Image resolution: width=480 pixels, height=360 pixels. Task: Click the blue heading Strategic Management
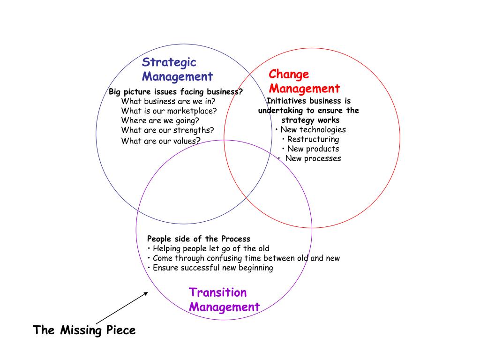[x=177, y=69]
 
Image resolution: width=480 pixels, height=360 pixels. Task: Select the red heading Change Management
[x=304, y=82]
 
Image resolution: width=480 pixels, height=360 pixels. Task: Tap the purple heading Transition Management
[x=224, y=300]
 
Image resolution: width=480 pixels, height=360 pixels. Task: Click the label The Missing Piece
[x=84, y=330]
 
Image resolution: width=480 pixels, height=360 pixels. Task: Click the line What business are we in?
[x=168, y=101]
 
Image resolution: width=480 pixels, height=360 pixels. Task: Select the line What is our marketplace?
[x=169, y=111]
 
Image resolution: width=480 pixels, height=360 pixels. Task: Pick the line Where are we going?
[x=160, y=120]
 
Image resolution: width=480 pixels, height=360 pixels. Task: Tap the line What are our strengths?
[x=167, y=130]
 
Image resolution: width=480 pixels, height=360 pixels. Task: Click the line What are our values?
[x=161, y=141]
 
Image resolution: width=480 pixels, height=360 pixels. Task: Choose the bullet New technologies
[x=311, y=130]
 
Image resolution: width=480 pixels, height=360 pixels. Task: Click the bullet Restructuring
[x=311, y=139]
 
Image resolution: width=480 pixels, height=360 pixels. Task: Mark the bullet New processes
[x=309, y=158]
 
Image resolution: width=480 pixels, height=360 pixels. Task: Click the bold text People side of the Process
[x=199, y=239]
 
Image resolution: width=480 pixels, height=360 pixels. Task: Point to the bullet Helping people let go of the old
[x=209, y=248]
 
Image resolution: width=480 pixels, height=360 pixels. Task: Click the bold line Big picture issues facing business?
[x=176, y=92]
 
